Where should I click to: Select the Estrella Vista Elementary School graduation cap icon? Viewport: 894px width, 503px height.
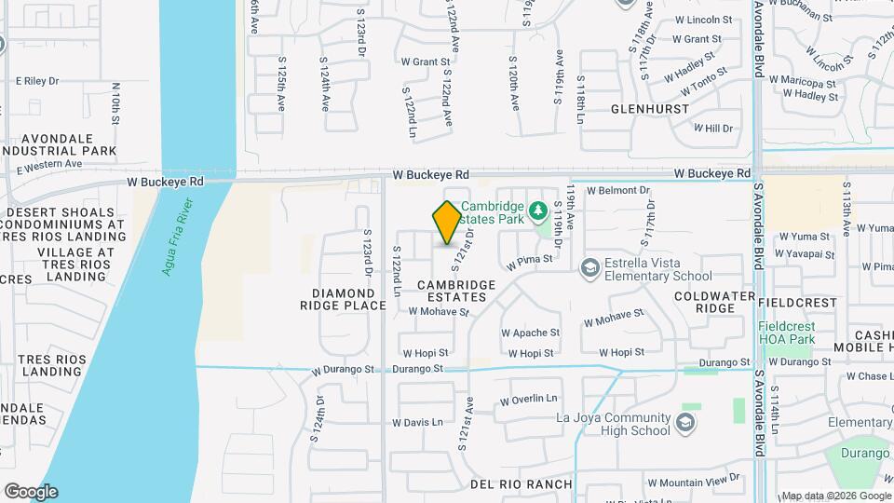tap(589, 268)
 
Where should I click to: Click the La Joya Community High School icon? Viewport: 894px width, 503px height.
tap(685, 424)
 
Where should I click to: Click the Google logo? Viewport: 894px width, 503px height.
tap(30, 491)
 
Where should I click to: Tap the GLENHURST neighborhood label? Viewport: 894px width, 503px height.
tap(650, 109)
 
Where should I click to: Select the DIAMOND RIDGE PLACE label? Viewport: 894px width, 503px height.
tap(344, 298)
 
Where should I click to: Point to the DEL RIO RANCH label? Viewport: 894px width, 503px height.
tap(521, 484)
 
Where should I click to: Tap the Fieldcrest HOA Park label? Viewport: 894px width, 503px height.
tap(787, 333)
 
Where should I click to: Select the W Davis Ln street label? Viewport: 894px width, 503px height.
tap(417, 422)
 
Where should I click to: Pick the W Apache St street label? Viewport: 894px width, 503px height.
tap(530, 332)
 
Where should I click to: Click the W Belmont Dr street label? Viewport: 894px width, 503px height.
tap(617, 190)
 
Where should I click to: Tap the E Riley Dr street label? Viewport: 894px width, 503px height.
tap(36, 81)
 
